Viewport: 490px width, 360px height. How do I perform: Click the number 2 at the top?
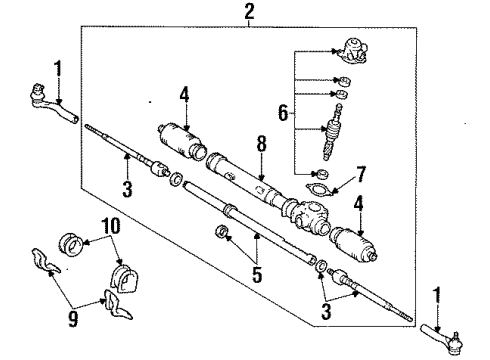pyautogui.click(x=248, y=12)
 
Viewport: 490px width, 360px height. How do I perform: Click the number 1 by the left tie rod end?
pyautogui.click(x=58, y=69)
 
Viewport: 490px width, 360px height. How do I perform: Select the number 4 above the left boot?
pyautogui.click(x=184, y=96)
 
